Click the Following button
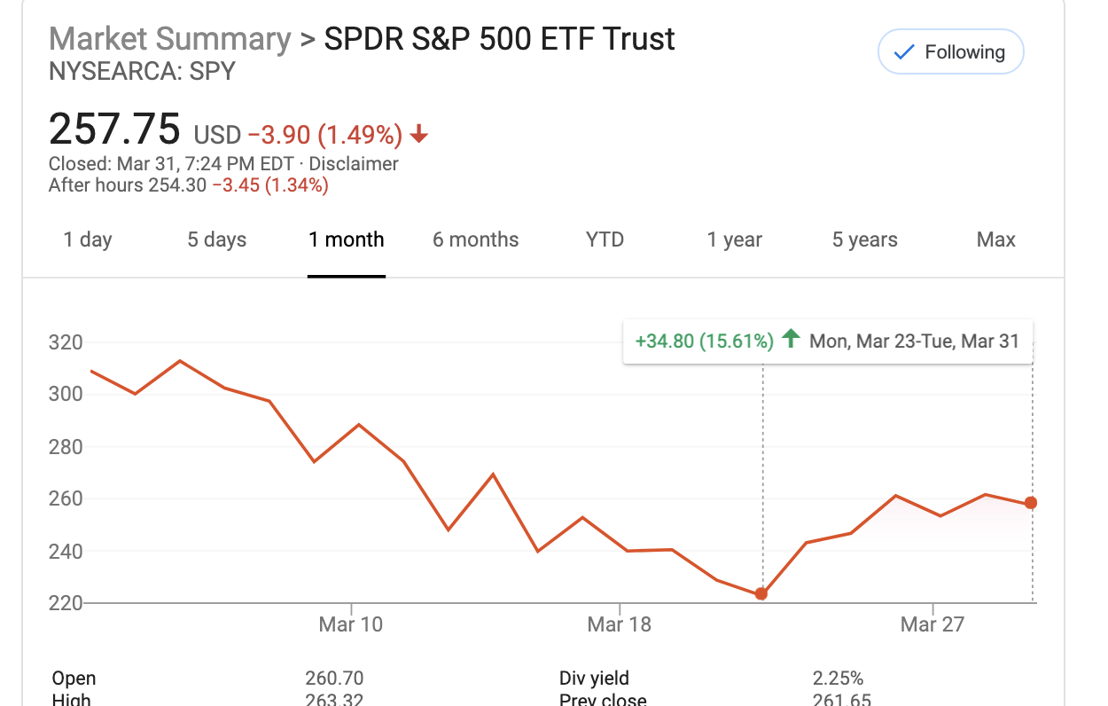[950, 52]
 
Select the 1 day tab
[88, 239]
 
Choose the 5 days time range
[217, 239]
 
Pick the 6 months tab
[475, 239]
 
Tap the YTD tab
[605, 239]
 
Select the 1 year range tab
[734, 239]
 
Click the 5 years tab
[864, 239]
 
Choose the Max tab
[995, 239]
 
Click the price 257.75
[114, 129]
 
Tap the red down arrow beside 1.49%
[419, 135]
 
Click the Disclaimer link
[354, 164]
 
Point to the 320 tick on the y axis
[66, 342]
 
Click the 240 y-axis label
[66, 551]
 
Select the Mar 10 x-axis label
[351, 624]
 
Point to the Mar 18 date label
[619, 624]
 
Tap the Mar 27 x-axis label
[932, 624]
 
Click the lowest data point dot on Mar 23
[761, 593]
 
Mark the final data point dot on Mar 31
[1031, 503]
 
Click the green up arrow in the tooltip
[792, 339]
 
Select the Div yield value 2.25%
[838, 679]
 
